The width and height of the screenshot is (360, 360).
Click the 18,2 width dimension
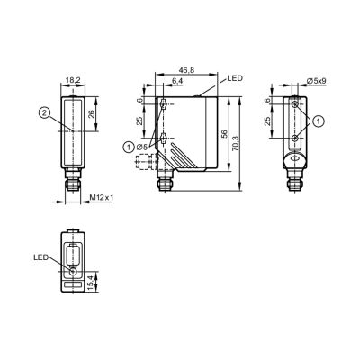(x=73, y=80)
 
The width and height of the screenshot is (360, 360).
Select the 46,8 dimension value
(x=186, y=70)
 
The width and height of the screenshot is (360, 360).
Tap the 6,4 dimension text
(x=177, y=81)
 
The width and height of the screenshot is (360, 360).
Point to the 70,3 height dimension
(x=236, y=143)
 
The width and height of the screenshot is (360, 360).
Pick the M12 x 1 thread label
(x=102, y=197)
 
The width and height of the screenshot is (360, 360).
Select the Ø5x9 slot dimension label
(x=317, y=81)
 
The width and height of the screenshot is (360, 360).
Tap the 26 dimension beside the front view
(x=92, y=113)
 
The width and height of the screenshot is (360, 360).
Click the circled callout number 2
(x=44, y=112)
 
